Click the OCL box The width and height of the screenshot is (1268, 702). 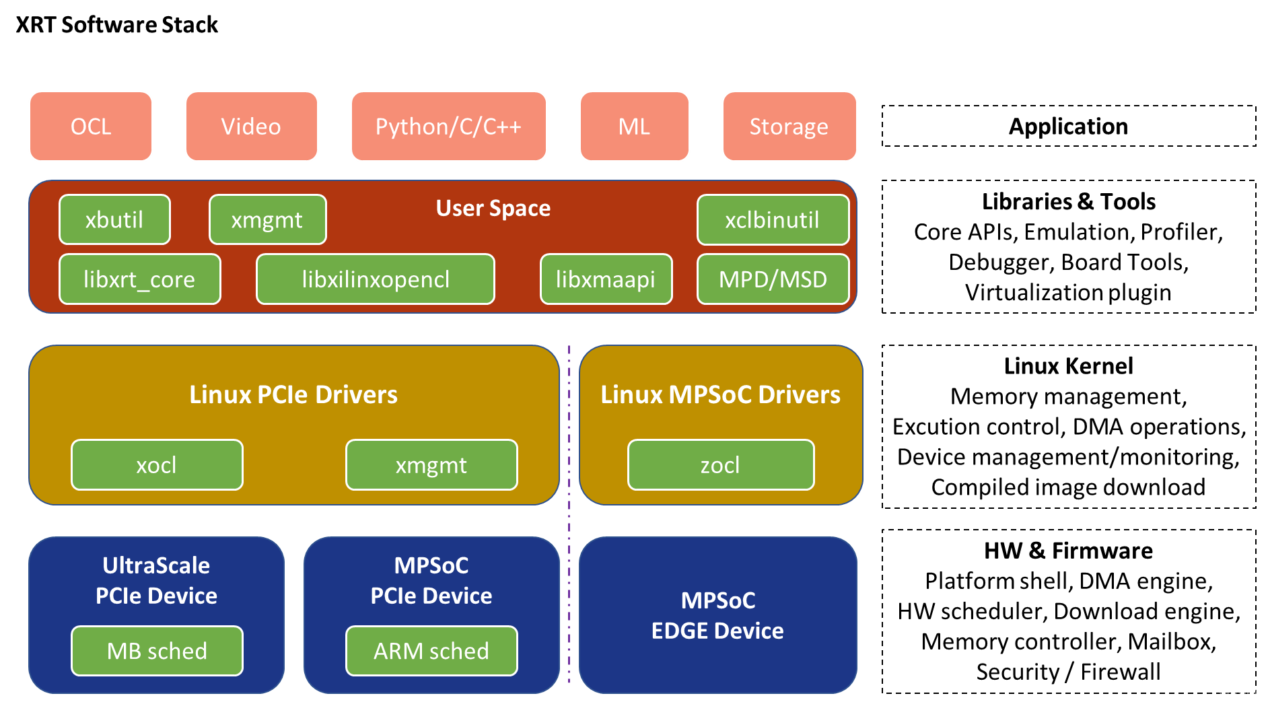click(91, 127)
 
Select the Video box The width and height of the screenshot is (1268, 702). click(251, 127)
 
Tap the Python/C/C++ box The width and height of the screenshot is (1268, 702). click(448, 127)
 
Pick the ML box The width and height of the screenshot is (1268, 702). click(634, 127)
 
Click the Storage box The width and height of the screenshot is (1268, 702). click(789, 127)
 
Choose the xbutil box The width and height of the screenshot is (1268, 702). click(114, 220)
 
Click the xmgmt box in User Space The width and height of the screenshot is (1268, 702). click(267, 220)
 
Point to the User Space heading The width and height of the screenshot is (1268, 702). click(493, 209)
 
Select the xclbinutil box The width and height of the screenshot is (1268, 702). click(773, 220)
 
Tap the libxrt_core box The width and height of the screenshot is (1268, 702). click(139, 279)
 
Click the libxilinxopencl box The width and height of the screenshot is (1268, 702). click(376, 279)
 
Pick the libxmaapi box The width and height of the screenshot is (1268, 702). click(606, 279)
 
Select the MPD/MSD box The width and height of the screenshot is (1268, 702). click(773, 279)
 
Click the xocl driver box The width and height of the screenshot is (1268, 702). click(157, 465)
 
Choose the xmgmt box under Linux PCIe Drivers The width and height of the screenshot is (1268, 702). click(431, 465)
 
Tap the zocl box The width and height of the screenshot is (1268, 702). click(720, 465)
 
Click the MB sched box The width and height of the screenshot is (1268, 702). click(157, 651)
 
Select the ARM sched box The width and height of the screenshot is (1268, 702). click(431, 651)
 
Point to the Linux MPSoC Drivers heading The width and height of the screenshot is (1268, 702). click(720, 394)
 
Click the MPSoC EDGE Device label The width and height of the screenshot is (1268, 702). click(717, 615)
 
